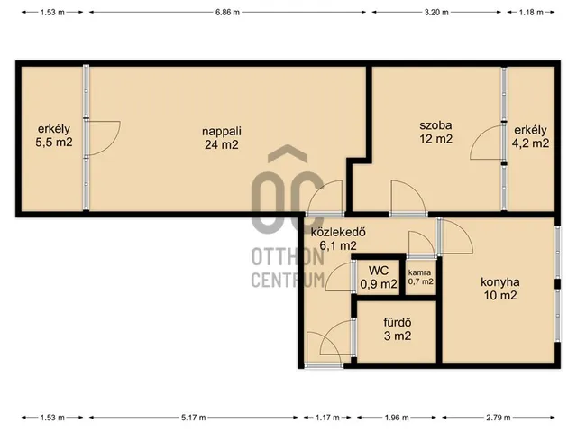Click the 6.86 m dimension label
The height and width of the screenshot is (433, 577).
[x=227, y=12]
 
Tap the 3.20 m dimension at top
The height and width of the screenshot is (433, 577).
[x=436, y=12]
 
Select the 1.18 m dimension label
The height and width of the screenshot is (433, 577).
[x=531, y=12]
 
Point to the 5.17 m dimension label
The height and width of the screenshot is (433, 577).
[x=194, y=418]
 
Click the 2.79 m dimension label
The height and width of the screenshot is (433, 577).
[x=499, y=418]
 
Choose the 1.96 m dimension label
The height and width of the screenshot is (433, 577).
[x=397, y=418]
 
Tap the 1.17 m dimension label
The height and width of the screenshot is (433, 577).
[x=327, y=418]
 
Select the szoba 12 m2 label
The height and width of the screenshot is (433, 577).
[x=436, y=132]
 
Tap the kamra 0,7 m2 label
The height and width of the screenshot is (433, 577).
[x=420, y=277]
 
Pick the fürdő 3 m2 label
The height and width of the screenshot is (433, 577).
[x=398, y=329]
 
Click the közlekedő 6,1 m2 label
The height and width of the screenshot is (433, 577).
[x=338, y=239]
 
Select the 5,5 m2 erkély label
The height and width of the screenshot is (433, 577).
[x=54, y=135]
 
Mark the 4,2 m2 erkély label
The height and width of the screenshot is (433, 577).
[x=530, y=136]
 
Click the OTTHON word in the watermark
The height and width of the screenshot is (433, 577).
[x=288, y=257]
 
